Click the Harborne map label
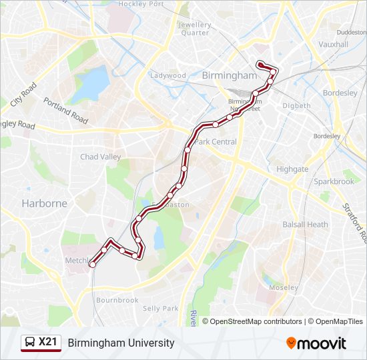(x=44, y=203)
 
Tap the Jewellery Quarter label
(x=194, y=29)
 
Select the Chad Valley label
(x=101, y=157)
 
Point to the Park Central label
(x=216, y=142)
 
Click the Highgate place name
(x=292, y=169)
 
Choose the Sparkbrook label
(x=334, y=181)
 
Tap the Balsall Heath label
(x=306, y=225)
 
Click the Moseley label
(x=284, y=287)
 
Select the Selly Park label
(x=161, y=309)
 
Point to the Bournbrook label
(x=117, y=300)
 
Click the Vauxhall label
(x=334, y=45)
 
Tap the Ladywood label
(x=168, y=75)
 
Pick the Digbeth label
(x=296, y=105)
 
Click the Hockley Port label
(x=141, y=4)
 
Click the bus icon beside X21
(x=29, y=343)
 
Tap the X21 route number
(x=48, y=343)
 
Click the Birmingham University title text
(x=121, y=343)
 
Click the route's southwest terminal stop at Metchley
(x=92, y=265)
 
